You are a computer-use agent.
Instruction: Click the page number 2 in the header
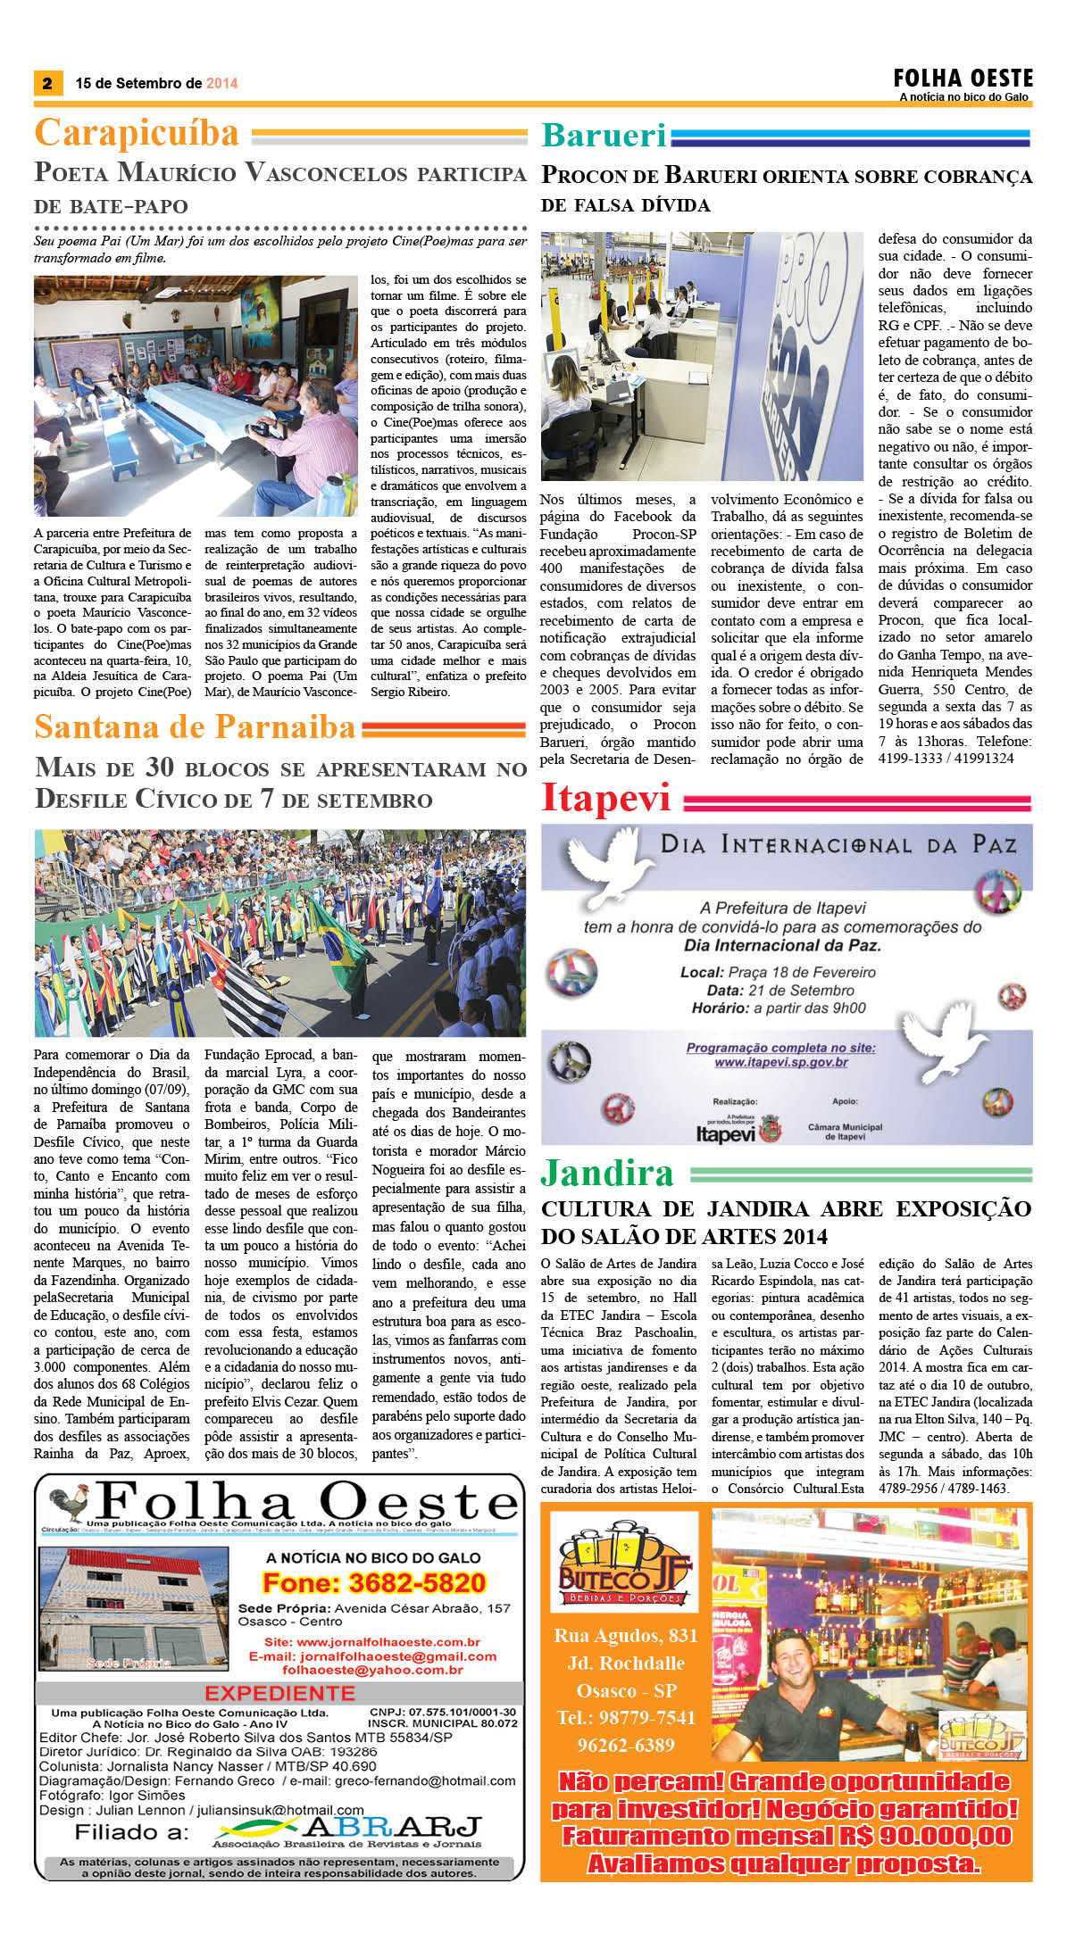pyautogui.click(x=46, y=84)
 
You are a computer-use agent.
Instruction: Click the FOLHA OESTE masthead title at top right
pyautogui.click(x=963, y=78)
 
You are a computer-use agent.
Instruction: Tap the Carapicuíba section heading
pyautogui.click(x=137, y=133)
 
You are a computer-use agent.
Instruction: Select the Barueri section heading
pyautogui.click(x=604, y=135)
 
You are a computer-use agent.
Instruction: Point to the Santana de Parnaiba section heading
pyautogui.click(x=195, y=727)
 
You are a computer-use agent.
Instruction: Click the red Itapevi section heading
pyautogui.click(x=605, y=797)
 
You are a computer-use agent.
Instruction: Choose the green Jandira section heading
pyautogui.click(x=607, y=1173)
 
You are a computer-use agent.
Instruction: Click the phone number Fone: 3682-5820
pyautogui.click(x=373, y=1583)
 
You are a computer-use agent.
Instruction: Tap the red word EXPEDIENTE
pyautogui.click(x=279, y=1693)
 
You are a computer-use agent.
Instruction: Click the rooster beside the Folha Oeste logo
pyautogui.click(x=70, y=1504)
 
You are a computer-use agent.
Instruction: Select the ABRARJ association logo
pyautogui.click(x=348, y=1829)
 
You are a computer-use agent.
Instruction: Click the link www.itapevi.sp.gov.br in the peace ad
pyautogui.click(x=780, y=1062)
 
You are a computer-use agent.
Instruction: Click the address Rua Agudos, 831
pyautogui.click(x=624, y=1636)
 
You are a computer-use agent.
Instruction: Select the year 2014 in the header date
pyautogui.click(x=221, y=84)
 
